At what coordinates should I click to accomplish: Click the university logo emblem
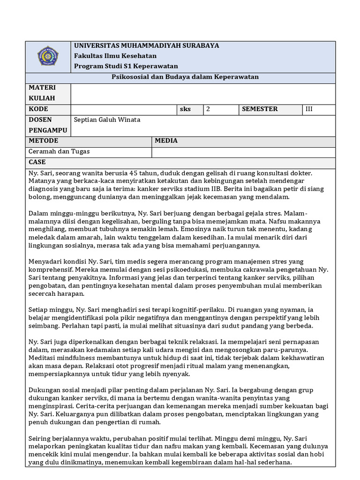coord(48,56)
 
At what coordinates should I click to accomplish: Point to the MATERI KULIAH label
coord(42,93)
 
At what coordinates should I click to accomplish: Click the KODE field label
coord(38,109)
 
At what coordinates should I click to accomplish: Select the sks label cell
coord(185,109)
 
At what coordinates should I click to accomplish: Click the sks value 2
coord(208,109)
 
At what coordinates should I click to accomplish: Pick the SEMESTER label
coord(260,109)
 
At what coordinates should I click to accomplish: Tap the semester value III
coord(309,109)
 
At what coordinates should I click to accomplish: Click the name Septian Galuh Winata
coord(107,120)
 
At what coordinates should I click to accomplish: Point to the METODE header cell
coord(44,141)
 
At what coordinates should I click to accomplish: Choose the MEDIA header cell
coord(166,141)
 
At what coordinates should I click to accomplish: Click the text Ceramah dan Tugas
coord(59,151)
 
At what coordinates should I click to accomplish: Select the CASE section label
coord(37,162)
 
